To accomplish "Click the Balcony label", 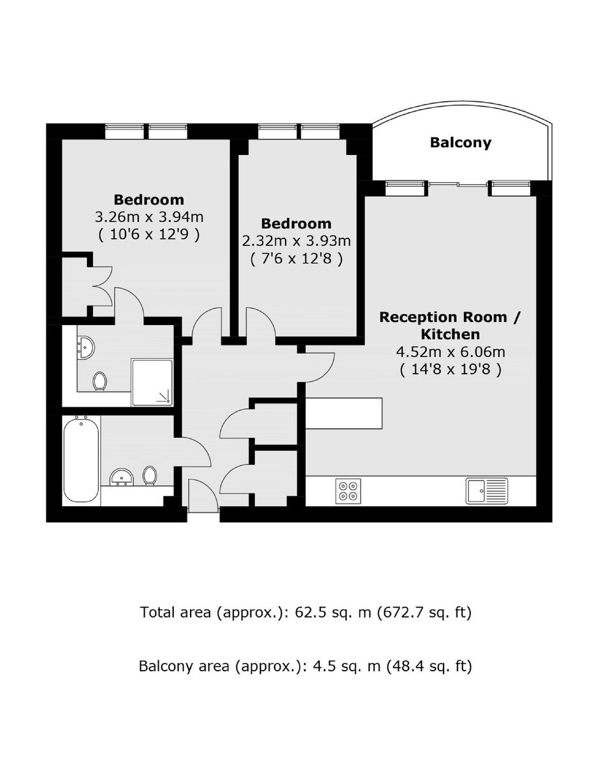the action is pyautogui.click(x=460, y=143).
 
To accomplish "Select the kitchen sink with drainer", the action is pyautogui.click(x=487, y=491).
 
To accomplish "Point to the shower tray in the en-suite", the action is pyautogui.click(x=152, y=382).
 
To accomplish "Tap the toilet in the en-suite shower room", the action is pyautogui.click(x=99, y=381).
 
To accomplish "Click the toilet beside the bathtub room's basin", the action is pyautogui.click(x=149, y=476).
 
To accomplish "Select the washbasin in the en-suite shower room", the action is pyautogui.click(x=86, y=347).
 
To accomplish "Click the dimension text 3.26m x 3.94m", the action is pyautogui.click(x=149, y=217).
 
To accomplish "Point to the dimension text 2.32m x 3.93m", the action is pyautogui.click(x=296, y=241).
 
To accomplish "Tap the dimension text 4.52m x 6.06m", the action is pyautogui.click(x=451, y=352).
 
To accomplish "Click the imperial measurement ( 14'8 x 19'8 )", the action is pyautogui.click(x=451, y=369).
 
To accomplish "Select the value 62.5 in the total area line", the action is pyautogui.click(x=310, y=613).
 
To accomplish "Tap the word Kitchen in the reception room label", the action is pyautogui.click(x=451, y=334).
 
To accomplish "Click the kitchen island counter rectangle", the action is pyautogui.click(x=343, y=413).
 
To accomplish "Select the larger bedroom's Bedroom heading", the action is pyautogui.click(x=149, y=200).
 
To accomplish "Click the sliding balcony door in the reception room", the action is pyautogui.click(x=459, y=185).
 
